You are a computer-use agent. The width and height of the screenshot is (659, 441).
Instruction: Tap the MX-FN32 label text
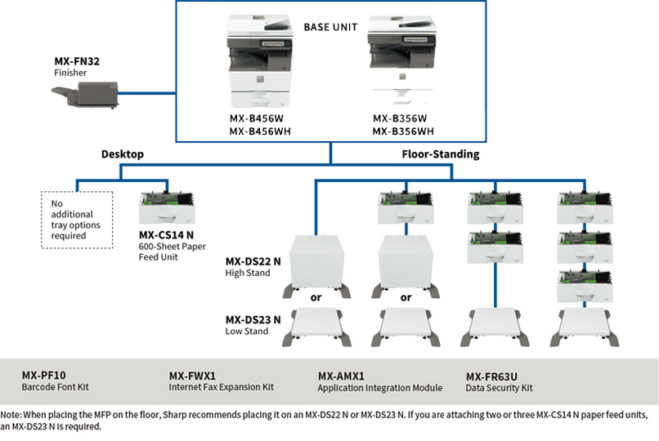tap(78, 60)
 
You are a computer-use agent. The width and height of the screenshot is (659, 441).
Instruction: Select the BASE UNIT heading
tap(331, 27)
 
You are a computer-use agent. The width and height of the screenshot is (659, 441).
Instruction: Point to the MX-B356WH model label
tap(403, 131)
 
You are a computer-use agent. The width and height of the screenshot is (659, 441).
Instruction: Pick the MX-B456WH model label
tap(260, 131)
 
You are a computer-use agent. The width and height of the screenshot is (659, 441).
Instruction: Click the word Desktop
tap(123, 154)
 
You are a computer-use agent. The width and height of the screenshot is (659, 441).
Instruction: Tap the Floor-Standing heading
tap(440, 154)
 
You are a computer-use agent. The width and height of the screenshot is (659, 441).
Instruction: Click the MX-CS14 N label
tap(166, 234)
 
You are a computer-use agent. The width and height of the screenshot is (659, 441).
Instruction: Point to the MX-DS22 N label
tap(253, 261)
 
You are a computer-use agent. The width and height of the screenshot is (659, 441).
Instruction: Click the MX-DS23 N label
tap(253, 319)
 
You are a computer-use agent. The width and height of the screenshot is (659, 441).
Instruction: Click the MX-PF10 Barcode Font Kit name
tap(43, 375)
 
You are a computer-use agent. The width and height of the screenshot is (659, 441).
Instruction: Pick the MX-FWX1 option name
tap(192, 375)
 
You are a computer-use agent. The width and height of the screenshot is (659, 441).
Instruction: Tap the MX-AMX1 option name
tap(341, 376)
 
